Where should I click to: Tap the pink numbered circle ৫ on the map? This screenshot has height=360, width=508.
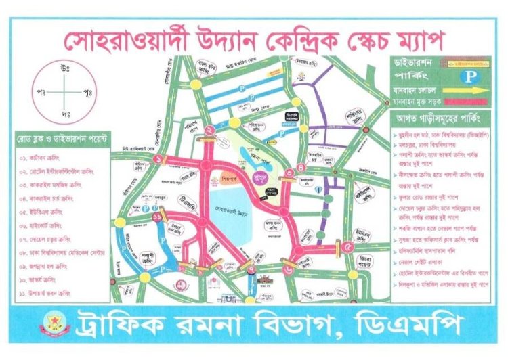click(348, 248)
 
